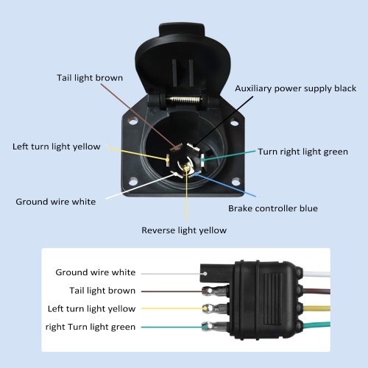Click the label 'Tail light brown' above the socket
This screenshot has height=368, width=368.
coord(90,78)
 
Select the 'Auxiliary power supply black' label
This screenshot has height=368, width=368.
coord(296,88)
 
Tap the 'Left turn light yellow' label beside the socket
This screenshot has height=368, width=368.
coord(57,146)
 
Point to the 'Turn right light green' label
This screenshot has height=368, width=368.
coord(302,152)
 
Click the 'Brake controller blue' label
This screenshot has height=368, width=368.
coord(273,208)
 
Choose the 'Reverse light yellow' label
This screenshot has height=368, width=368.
coord(184,230)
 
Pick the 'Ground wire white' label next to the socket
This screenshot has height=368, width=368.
coord(56,202)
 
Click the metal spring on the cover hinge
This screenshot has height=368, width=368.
coord(184,100)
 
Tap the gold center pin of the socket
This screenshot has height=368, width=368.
coord(186,169)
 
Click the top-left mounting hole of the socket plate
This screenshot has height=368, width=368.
coord(133,121)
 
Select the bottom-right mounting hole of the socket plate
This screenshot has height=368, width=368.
coord(236,183)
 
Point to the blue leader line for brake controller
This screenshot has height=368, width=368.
coord(225,185)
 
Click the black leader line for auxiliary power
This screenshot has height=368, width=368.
coord(223,121)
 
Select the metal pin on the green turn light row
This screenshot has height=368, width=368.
coord(214,326)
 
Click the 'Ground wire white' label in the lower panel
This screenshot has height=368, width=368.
coord(96,272)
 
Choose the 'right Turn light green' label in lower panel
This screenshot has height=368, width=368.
coord(91,327)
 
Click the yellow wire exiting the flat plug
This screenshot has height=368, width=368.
coord(317,308)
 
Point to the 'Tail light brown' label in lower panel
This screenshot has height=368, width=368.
coord(102,291)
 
